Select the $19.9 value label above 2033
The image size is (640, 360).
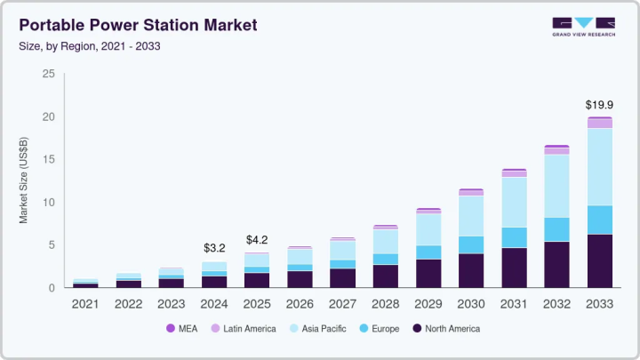600,105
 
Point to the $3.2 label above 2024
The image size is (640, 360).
214,248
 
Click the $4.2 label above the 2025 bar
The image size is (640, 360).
257,240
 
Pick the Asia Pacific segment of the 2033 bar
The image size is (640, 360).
600,167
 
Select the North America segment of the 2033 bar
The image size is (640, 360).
600,261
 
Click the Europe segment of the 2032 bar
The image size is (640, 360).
557,229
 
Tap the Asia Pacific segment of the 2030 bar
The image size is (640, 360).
471,216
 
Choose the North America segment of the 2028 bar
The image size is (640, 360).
386,276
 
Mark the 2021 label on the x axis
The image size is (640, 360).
85,304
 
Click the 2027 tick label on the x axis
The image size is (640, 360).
342,304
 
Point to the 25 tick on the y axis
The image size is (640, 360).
50,74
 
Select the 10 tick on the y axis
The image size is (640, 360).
50,203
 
